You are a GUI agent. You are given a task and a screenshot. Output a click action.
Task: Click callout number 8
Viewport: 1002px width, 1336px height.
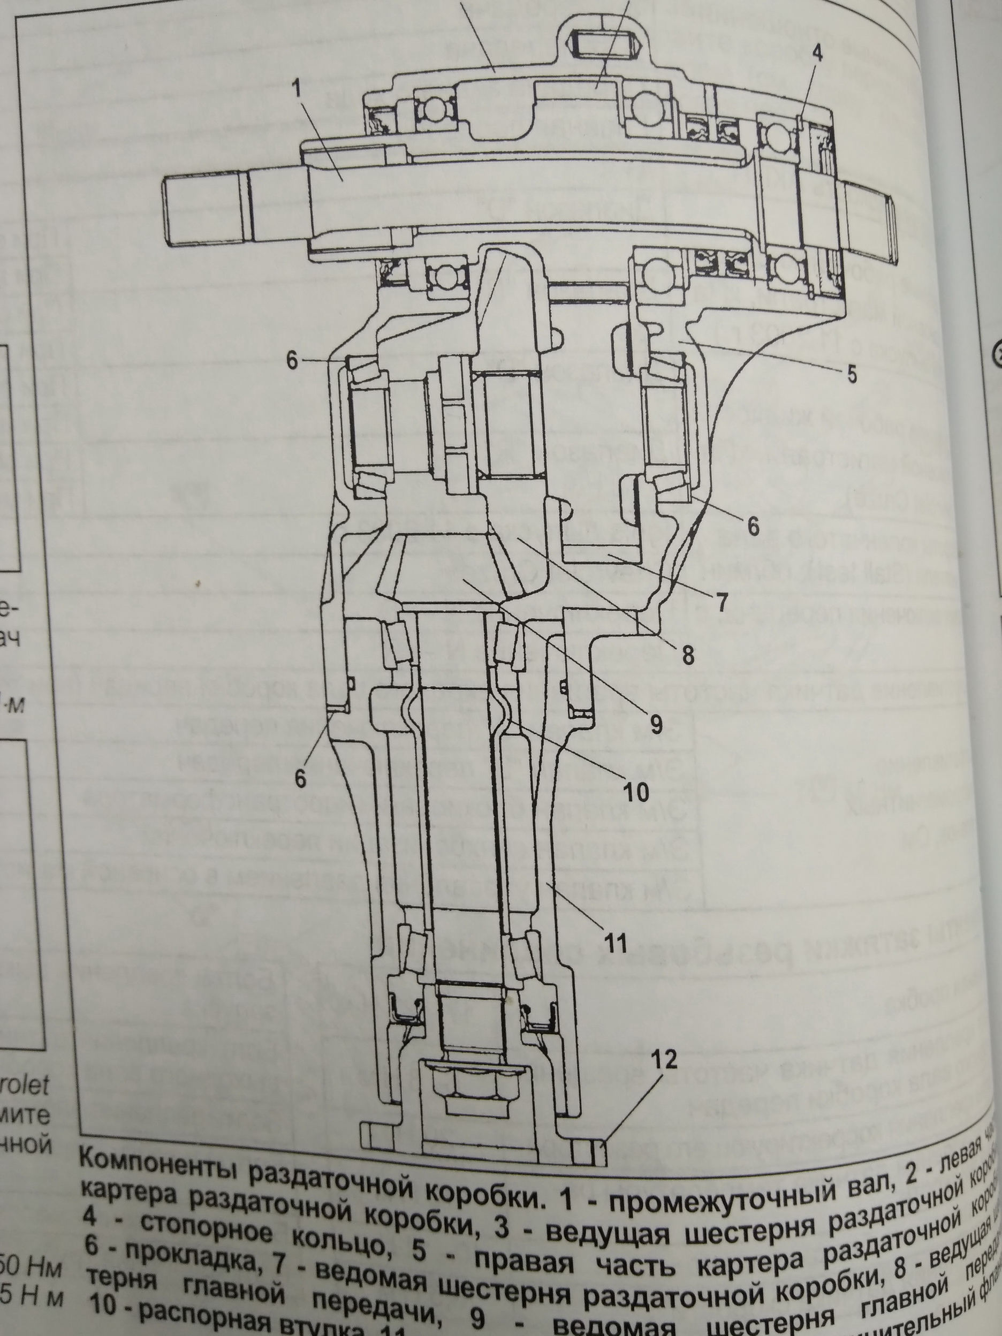[688, 655]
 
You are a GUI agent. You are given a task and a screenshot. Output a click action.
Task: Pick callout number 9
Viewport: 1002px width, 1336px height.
[656, 723]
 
